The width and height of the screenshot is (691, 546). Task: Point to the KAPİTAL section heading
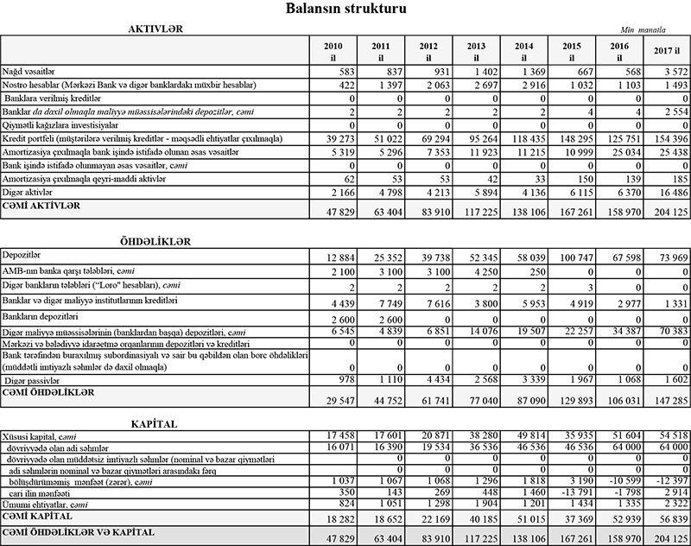155,424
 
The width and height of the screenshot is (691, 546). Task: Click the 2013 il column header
474,51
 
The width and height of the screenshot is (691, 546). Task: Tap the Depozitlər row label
23,256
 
